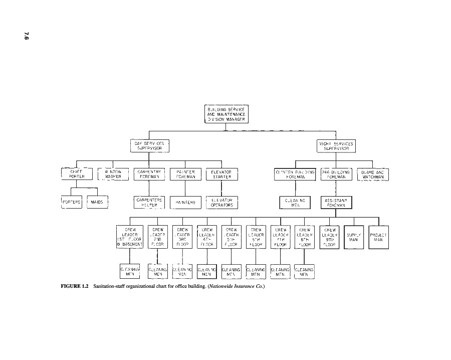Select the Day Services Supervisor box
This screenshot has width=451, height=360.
pyautogui.click(x=149, y=146)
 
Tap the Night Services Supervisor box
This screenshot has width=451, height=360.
pyautogui.click(x=336, y=146)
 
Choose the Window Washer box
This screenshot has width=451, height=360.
pyautogui.click(x=113, y=174)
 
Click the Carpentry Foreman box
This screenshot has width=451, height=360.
pyautogui.click(x=149, y=174)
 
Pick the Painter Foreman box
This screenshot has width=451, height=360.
pyautogui.click(x=185, y=174)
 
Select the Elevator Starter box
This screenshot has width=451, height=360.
pyautogui.click(x=221, y=174)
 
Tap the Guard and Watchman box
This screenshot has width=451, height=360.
pyautogui.click(x=372, y=174)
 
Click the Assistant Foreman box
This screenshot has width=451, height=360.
pyautogui.click(x=336, y=202)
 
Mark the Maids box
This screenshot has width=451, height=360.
pyautogui.click(x=98, y=202)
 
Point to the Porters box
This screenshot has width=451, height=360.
pyautogui.click(x=71, y=202)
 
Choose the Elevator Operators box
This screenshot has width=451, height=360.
pyautogui.click(x=221, y=202)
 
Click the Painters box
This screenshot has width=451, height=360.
pyautogui.click(x=185, y=202)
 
